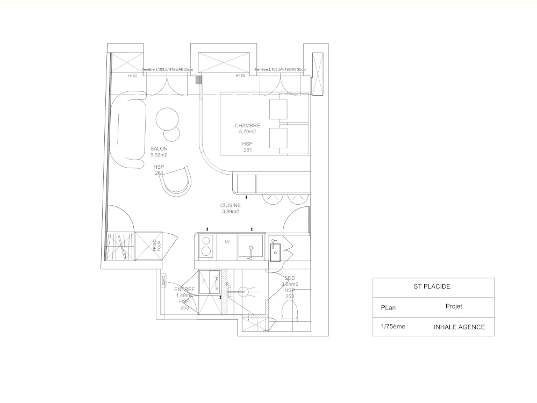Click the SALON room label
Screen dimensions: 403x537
(x=159, y=149)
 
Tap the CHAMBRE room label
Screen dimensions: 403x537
(x=247, y=126)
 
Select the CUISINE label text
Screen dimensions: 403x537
(x=230, y=205)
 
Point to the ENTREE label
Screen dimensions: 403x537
(x=184, y=290)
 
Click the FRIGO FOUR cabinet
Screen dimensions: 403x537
(x=148, y=246)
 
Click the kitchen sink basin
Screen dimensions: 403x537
(x=250, y=247)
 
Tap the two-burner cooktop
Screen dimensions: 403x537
(x=205, y=247)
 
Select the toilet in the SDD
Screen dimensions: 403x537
(x=291, y=311)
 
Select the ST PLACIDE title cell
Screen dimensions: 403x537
(x=433, y=287)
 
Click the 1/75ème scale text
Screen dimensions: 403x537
(x=393, y=327)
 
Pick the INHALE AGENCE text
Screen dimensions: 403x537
(x=459, y=327)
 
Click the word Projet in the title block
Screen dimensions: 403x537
(x=454, y=306)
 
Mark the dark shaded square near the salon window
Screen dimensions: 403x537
(x=198, y=80)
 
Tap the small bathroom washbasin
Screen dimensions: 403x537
(x=275, y=250)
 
